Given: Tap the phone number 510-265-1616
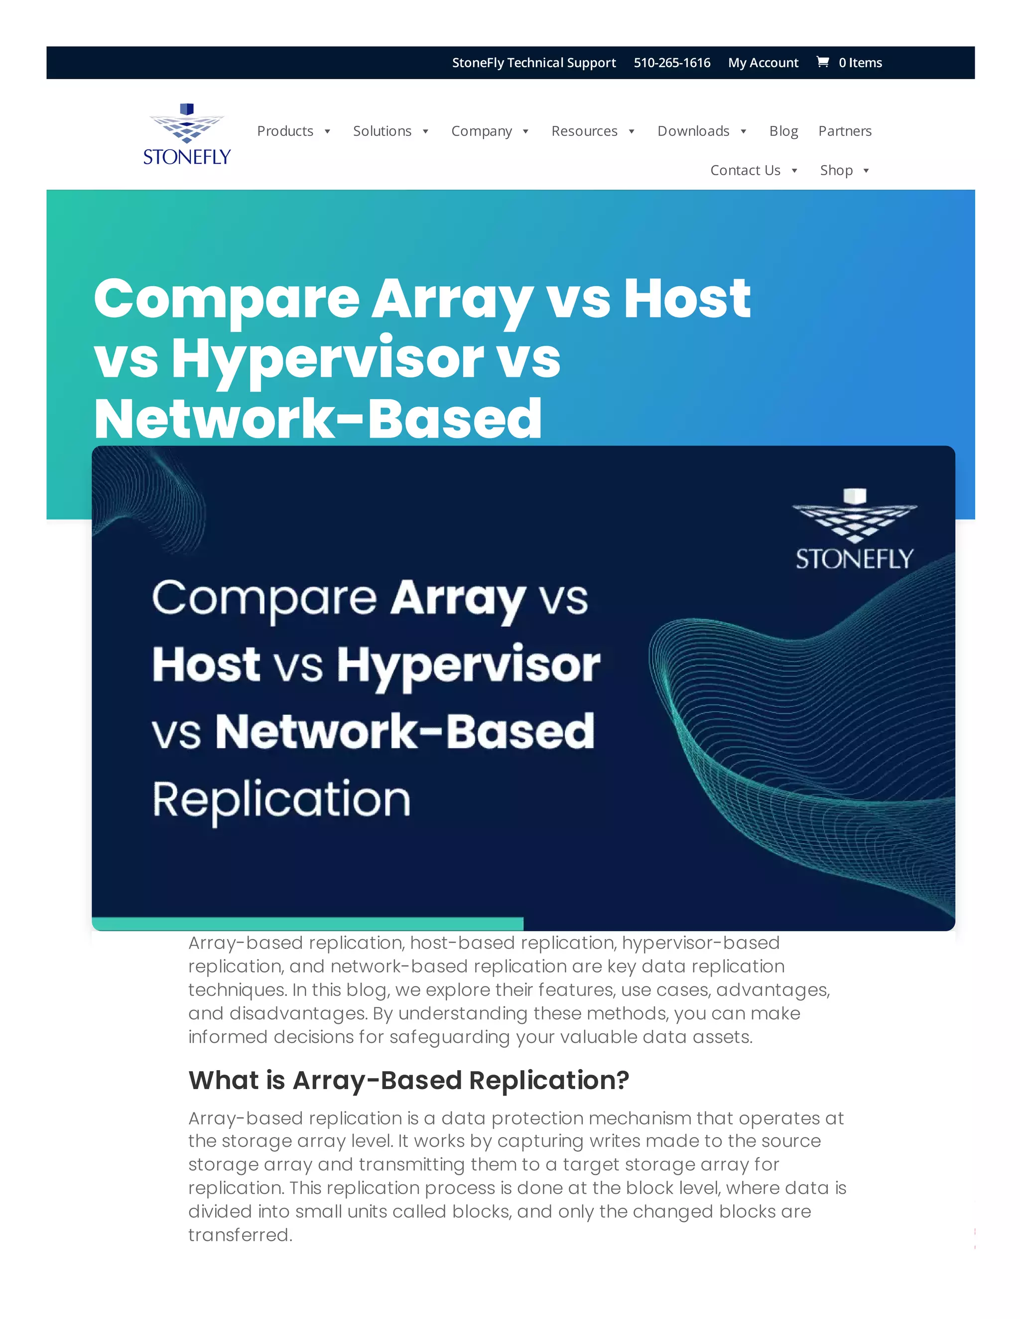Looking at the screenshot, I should pos(672,63).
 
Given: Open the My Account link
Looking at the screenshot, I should pos(763,63).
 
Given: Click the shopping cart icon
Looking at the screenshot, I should pos(822,62).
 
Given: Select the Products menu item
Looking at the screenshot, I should pos(285,131).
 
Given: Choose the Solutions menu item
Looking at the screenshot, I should pos(382,131).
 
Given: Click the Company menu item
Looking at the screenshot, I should pos(481,131).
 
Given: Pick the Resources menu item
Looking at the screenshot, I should pos(584,131).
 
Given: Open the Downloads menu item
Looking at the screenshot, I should pos(693,131).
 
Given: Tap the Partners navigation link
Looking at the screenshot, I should pos(845,131).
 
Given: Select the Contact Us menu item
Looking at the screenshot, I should pos(745,170).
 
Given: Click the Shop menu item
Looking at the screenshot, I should pos(836,170).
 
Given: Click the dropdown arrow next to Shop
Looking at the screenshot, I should pos(866,171).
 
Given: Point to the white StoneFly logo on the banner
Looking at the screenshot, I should pos(855,530).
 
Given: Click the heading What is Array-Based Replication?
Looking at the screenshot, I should pos(408,1080).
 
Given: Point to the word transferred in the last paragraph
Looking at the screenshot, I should pos(240,1235).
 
